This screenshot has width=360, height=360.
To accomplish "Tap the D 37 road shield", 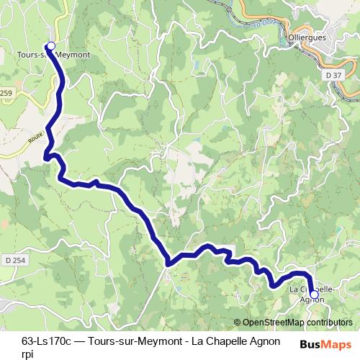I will click(x=333, y=74).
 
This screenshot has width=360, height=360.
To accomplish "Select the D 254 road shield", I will click(x=13, y=259).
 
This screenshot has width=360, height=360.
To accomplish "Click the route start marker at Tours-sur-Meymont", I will click(x=50, y=46).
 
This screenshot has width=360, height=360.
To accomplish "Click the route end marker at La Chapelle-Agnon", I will click(x=313, y=294).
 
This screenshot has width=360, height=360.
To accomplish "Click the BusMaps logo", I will click(x=326, y=343).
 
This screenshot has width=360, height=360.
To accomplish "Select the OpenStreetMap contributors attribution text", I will click(x=297, y=323).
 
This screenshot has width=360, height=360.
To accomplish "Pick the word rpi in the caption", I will click(x=27, y=354).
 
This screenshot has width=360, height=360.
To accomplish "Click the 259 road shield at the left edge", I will click(x=6, y=94).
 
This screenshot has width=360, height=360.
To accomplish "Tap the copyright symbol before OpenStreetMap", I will click(x=238, y=323).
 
